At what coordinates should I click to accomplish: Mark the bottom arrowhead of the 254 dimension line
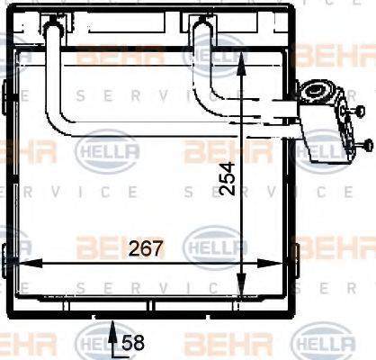pos(243,295)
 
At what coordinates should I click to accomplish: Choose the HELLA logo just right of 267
pos(212,244)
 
